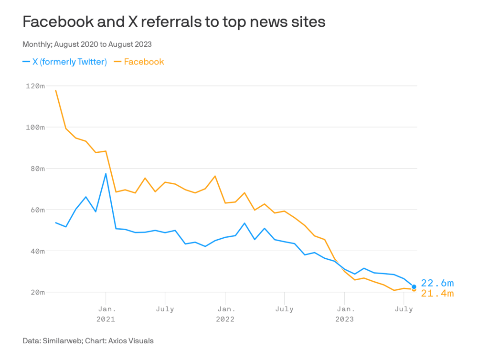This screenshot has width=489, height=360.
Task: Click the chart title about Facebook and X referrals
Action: click(174, 22)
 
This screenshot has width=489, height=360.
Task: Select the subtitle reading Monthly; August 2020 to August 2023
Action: click(87, 44)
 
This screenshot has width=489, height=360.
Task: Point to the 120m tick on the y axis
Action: click(35, 86)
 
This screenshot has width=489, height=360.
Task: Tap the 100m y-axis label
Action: click(35, 127)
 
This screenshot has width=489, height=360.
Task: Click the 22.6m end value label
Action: click(437, 284)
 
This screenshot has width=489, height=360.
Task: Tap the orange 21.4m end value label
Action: click(437, 294)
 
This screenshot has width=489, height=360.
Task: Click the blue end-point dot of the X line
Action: click(414, 287)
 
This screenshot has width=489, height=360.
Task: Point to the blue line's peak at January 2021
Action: click(106, 174)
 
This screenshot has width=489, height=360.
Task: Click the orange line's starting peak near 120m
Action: click(56, 90)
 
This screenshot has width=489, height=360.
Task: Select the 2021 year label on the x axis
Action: click(106, 319)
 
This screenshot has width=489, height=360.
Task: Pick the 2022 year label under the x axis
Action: click(225, 319)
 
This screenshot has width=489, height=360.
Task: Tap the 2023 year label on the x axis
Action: click(344, 319)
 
